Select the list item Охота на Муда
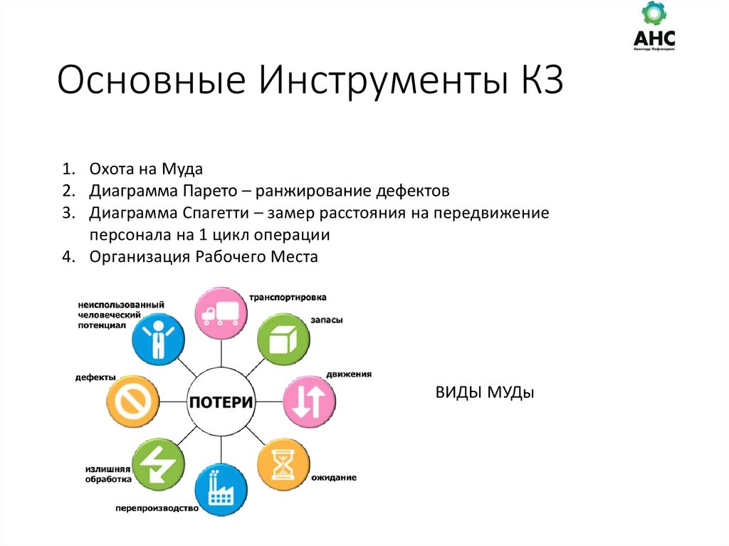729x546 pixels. (146, 169)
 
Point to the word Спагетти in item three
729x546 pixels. (217, 213)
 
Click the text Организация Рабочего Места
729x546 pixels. (204, 257)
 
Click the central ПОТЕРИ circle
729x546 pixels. (221, 401)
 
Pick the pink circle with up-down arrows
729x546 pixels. (310, 401)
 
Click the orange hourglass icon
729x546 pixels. (284, 463)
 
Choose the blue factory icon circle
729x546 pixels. (221, 490)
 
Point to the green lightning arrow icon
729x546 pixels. (158, 464)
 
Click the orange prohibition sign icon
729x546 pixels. (132, 401)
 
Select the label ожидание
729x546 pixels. (333, 477)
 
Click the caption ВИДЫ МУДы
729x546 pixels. (484, 393)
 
